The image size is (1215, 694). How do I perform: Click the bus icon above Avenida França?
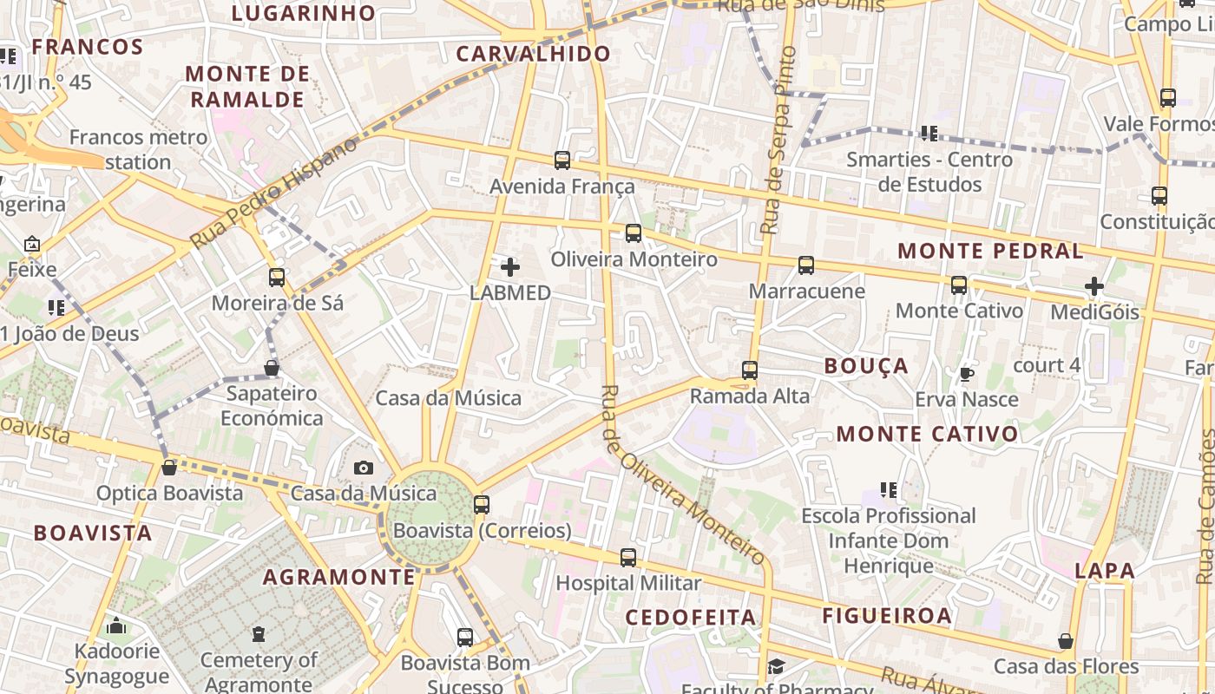click(x=562, y=160)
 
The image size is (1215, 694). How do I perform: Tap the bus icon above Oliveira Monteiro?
click(x=634, y=233)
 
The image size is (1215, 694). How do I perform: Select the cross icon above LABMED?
click(x=510, y=267)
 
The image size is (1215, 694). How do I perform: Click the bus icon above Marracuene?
click(x=806, y=265)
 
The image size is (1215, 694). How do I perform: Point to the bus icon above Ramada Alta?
click(x=750, y=370)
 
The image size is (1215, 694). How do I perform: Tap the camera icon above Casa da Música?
click(x=364, y=468)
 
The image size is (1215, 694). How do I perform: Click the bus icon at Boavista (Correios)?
click(x=482, y=505)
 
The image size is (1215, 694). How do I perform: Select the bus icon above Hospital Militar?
click(x=628, y=558)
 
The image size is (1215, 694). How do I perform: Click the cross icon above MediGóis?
click(x=1094, y=285)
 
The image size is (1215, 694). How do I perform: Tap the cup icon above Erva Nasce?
click(x=966, y=374)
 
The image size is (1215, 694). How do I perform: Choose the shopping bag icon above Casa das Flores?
click(x=1066, y=642)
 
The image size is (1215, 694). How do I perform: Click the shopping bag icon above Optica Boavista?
click(x=169, y=468)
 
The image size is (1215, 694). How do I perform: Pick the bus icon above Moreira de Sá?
click(x=277, y=278)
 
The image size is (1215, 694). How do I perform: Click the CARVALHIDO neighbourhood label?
click(x=534, y=54)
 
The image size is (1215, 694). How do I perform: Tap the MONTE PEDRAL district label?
click(x=990, y=252)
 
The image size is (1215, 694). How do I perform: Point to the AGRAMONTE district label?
click(x=339, y=577)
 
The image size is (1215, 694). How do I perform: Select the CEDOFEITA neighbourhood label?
click(x=691, y=617)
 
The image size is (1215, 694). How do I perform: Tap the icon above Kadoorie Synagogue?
click(x=116, y=626)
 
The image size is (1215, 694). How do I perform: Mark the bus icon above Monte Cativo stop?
click(x=959, y=285)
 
